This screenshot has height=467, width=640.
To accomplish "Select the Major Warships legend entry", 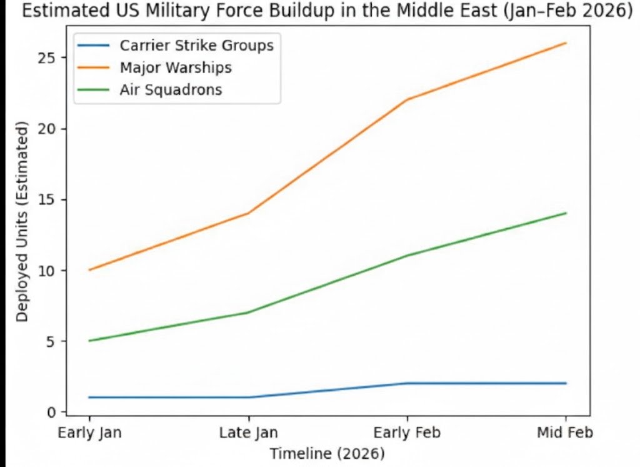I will coord(176,68).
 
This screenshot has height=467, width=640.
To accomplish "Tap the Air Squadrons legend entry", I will coord(171,89).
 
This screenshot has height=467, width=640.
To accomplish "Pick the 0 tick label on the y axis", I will coord(54,413).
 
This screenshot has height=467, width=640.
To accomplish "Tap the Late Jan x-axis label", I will coord(249,433).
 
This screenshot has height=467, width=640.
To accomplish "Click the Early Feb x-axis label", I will coord(407,433).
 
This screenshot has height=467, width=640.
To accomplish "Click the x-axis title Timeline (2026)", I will coord(327,453).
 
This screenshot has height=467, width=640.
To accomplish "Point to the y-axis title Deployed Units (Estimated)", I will coord(23,222).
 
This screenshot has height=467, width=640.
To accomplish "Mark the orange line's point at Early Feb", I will coord(407,99).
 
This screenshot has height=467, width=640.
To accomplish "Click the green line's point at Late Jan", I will coord(249,313).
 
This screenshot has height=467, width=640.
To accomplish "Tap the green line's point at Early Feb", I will coord(407,256).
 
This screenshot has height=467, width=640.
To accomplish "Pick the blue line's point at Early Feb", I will coord(407,383).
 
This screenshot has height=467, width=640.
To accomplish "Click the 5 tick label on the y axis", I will coord(54,341).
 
